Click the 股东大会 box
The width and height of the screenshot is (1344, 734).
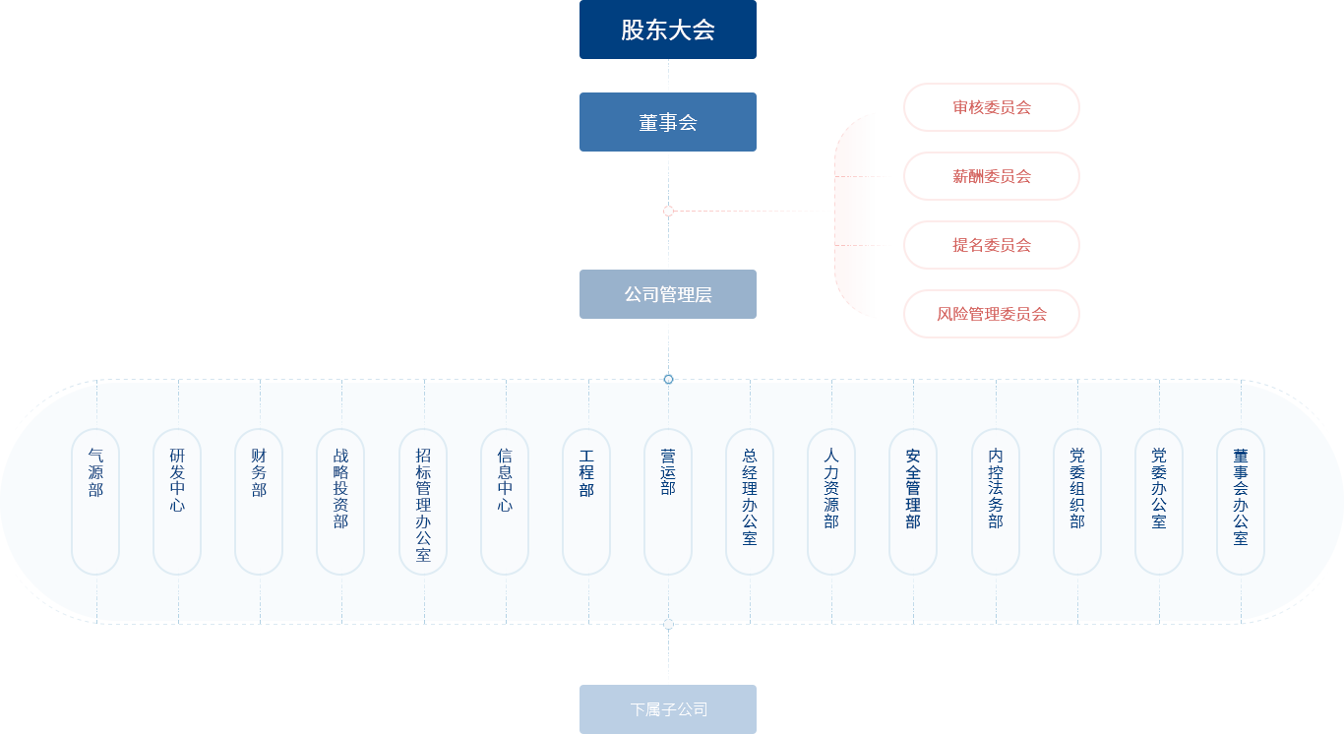(x=667, y=30)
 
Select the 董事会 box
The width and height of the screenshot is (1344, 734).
(x=667, y=122)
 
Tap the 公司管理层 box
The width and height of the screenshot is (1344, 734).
(x=667, y=293)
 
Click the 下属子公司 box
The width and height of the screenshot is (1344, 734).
(x=667, y=708)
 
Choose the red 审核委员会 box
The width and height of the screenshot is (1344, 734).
(x=991, y=106)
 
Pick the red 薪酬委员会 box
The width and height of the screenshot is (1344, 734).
(x=991, y=175)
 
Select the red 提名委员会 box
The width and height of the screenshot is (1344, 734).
(x=991, y=244)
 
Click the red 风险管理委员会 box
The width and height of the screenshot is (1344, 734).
(x=991, y=313)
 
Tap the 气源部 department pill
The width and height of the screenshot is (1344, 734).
(x=95, y=501)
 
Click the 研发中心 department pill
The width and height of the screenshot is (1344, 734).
(x=177, y=501)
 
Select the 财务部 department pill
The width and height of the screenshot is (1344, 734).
(x=259, y=501)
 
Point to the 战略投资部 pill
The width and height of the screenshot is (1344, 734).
(x=340, y=501)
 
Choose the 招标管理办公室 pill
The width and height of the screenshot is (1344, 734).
(x=423, y=501)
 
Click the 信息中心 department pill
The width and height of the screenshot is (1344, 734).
(x=505, y=501)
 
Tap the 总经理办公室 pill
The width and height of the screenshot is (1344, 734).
(x=750, y=501)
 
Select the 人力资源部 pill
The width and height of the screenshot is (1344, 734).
(x=831, y=501)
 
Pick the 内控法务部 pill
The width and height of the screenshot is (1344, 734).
(x=996, y=501)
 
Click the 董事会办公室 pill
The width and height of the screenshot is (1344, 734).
(x=1241, y=501)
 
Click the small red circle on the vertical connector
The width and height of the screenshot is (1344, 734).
(x=668, y=211)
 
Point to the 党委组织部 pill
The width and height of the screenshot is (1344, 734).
(x=1077, y=501)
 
